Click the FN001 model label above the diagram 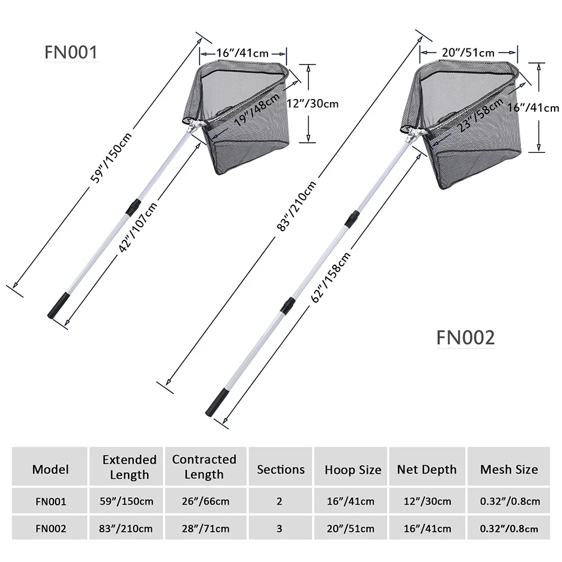pyautogui.click(x=71, y=52)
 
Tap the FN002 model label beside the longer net pyautogui.click(x=465, y=338)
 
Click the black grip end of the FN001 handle pyautogui.click(x=58, y=308)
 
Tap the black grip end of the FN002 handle pyautogui.click(x=217, y=405)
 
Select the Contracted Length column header pyautogui.click(x=204, y=467)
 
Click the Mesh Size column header pyautogui.click(x=509, y=469)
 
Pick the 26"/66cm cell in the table pyautogui.click(x=204, y=501)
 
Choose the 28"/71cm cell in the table pyautogui.click(x=204, y=528)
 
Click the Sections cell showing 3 pyautogui.click(x=280, y=528)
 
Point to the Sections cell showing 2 pyautogui.click(x=280, y=501)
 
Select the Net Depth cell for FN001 pyautogui.click(x=427, y=501)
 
